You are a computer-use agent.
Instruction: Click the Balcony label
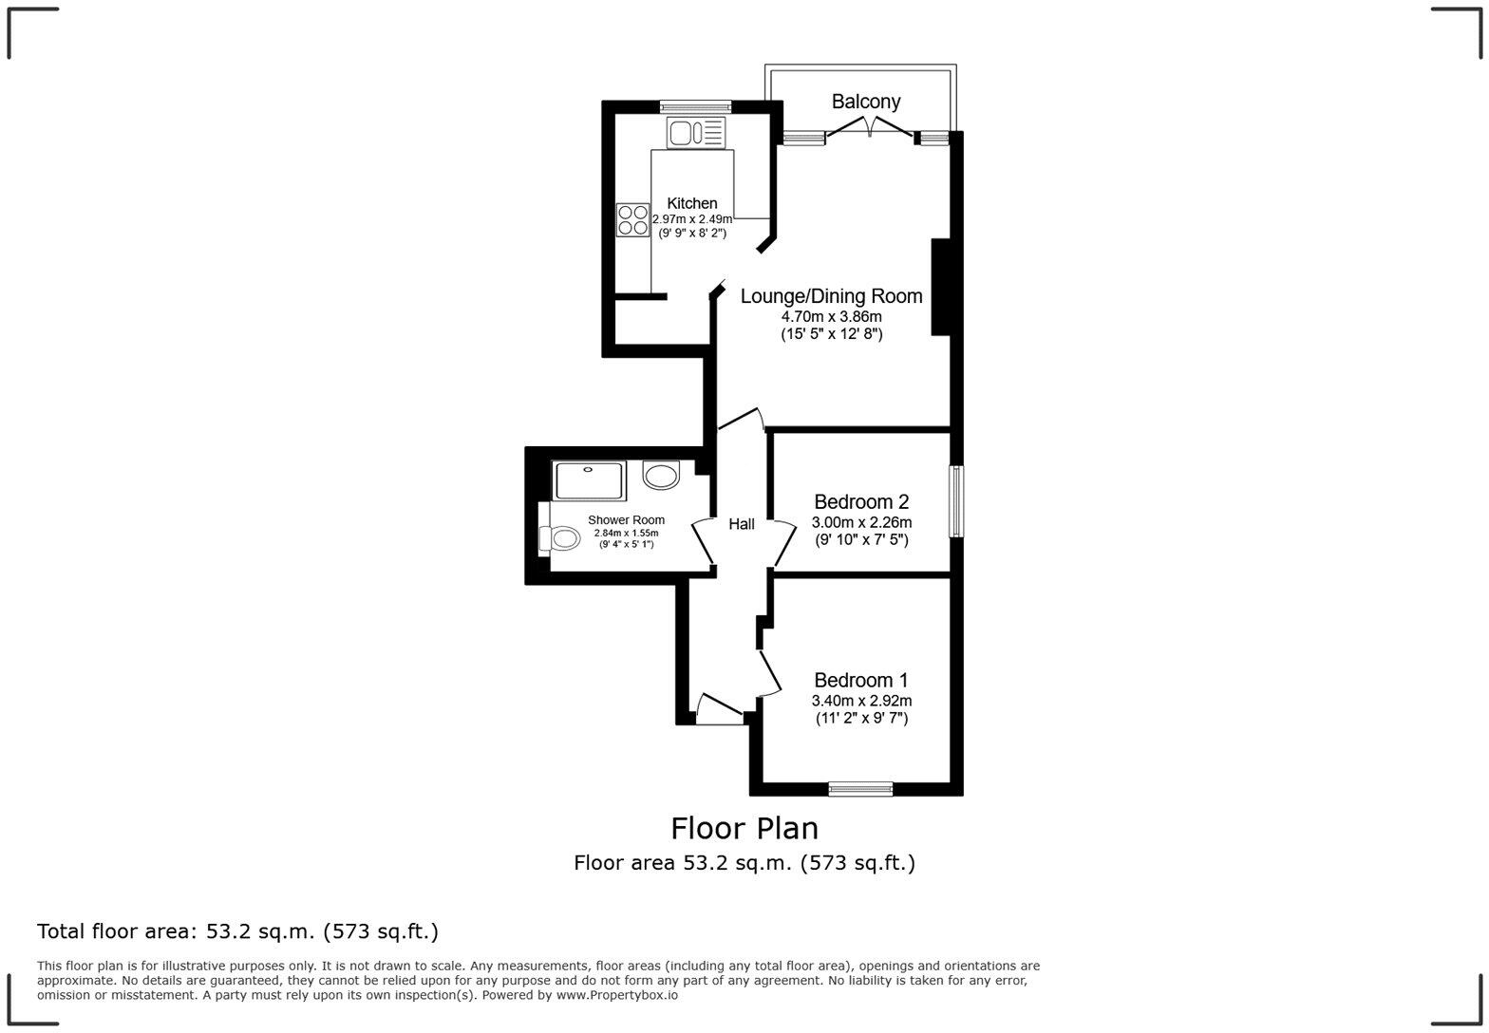coord(865,102)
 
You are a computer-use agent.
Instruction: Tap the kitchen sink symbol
coord(695,132)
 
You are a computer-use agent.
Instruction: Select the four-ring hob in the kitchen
coord(632,219)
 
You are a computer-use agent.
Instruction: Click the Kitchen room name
coord(692,203)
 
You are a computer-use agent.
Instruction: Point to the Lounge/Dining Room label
coord(831,296)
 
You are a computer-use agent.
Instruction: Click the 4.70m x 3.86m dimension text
coord(831,317)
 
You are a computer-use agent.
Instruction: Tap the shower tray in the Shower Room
coord(589,480)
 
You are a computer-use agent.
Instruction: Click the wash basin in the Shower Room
coord(661,474)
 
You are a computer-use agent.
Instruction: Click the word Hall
coord(742,524)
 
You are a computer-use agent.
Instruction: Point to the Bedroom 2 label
coord(861,502)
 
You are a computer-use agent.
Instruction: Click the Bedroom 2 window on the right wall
coord(957,501)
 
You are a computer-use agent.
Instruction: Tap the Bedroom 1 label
coord(860,681)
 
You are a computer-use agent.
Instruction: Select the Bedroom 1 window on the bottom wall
coord(860,788)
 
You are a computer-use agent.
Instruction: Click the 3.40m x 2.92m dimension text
coord(860,702)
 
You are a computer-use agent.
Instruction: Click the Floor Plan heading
coord(744,829)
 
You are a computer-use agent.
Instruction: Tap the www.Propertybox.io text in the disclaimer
coord(616,995)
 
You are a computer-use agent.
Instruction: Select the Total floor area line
coord(237,931)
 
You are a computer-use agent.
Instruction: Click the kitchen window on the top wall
coord(695,106)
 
